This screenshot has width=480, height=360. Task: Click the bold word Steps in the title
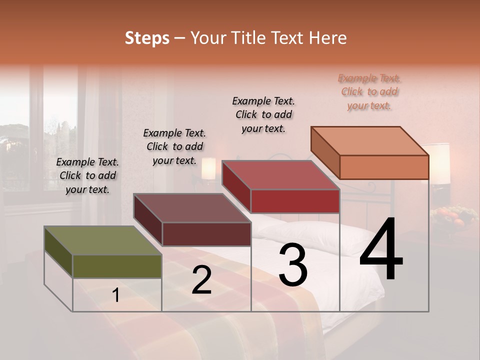click(147, 37)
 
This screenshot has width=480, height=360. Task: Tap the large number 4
click(381, 249)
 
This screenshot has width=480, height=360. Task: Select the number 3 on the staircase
click(292, 265)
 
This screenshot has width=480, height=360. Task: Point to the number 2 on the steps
click(201, 280)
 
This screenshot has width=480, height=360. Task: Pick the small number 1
click(116, 295)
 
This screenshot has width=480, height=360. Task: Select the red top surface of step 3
click(280, 175)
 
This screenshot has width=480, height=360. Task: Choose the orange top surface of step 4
click(369, 141)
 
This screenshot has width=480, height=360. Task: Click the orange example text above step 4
click(369, 91)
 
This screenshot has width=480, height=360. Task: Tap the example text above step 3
click(263, 114)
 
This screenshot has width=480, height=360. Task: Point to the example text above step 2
click(174, 146)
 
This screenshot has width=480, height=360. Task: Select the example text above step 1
click(87, 175)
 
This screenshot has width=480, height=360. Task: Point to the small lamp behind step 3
click(208, 168)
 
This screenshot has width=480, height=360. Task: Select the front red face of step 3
click(295, 201)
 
